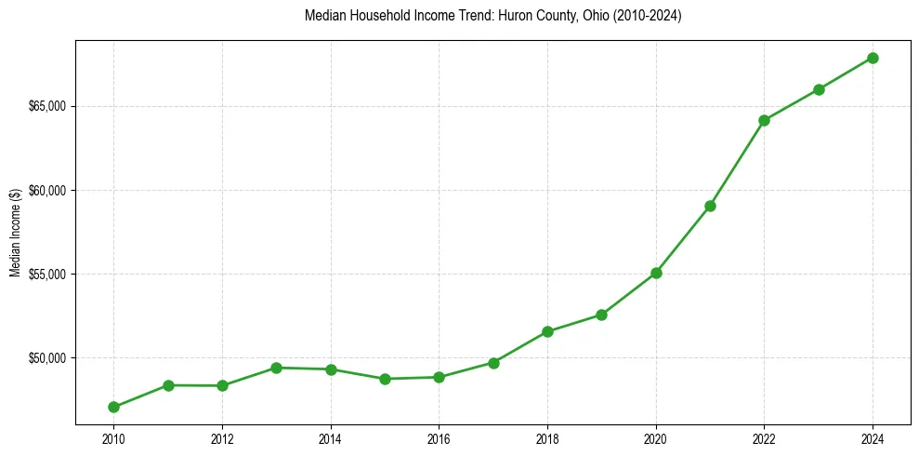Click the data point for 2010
113,407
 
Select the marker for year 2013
276,368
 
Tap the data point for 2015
385,379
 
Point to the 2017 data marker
493,363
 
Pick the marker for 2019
601,315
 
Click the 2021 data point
710,206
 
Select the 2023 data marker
819,89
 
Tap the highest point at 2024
873,58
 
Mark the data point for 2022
764,120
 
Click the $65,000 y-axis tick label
46,106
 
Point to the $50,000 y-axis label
46,358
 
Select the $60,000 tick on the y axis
46,191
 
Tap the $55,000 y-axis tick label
46,275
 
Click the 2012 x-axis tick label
222,438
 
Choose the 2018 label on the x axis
547,438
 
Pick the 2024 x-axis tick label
873,438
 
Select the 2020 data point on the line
656,273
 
